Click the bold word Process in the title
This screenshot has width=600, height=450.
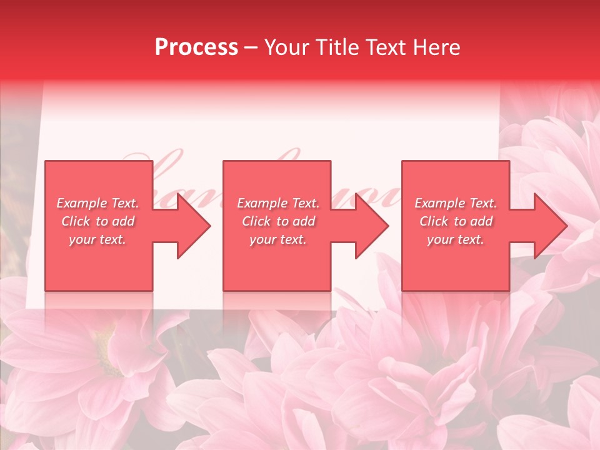click(x=196, y=47)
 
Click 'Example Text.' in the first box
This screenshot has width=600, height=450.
click(x=97, y=203)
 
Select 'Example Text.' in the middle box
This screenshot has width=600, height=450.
click(x=278, y=203)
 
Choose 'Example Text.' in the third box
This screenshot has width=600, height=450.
click(x=456, y=203)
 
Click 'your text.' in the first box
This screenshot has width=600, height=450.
click(x=97, y=239)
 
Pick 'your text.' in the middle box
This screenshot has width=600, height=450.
click(x=278, y=239)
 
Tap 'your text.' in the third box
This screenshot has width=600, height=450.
click(x=456, y=239)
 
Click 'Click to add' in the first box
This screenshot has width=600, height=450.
click(x=97, y=221)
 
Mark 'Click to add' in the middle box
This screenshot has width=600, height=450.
click(x=278, y=221)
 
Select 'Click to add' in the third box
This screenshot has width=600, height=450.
click(x=456, y=221)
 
